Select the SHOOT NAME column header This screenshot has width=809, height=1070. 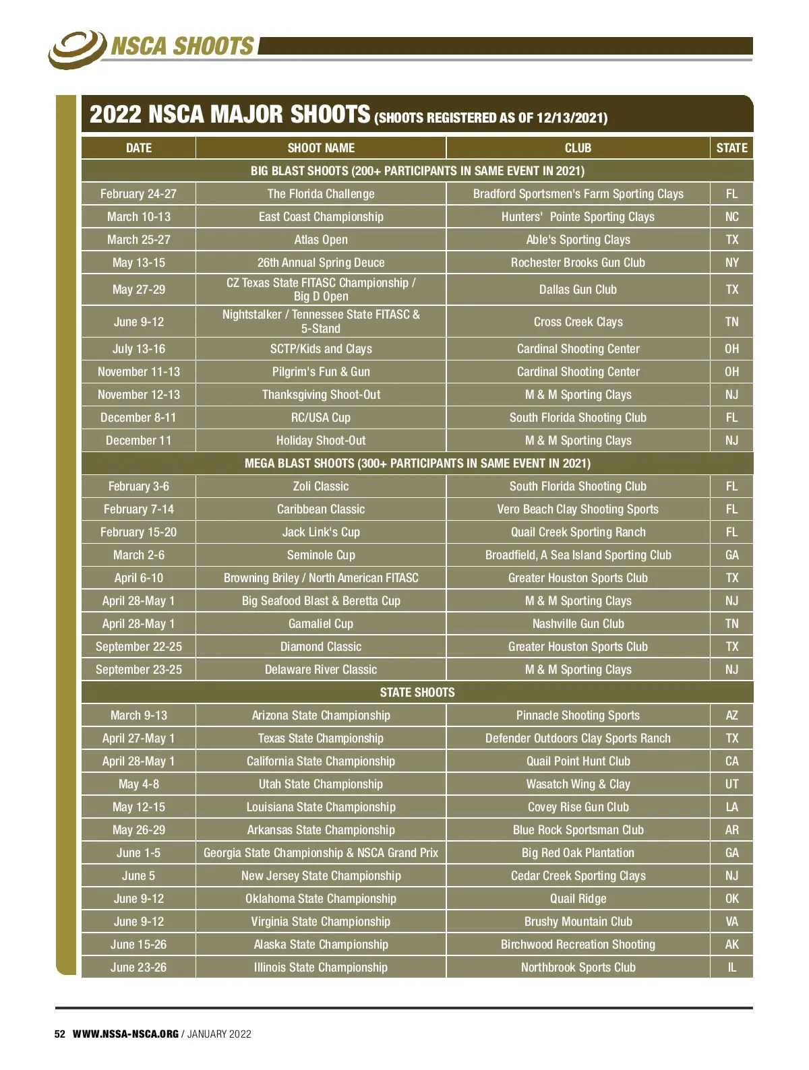pos(321,148)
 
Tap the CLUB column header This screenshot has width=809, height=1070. pos(578,148)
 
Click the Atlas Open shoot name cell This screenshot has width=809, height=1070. pos(321,240)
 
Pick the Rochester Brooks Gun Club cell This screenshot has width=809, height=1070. pos(578,263)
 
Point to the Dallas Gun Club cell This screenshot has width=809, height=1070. pos(578,290)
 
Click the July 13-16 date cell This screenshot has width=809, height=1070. pos(138,349)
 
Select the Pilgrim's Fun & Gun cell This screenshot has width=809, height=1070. pos(321,372)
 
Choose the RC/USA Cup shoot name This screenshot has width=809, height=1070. pos(321,418)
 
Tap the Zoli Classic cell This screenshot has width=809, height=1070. pos(321,486)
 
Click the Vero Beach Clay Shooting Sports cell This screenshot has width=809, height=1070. pos(578,509)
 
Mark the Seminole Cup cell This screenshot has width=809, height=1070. pos(321,555)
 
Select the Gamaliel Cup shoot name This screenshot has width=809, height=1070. pos(321,624)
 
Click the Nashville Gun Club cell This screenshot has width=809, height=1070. pos(578,624)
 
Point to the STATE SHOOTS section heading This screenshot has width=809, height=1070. pos(417,693)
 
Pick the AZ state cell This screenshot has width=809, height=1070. pos(731,716)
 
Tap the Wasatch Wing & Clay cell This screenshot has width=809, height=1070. pos(578,784)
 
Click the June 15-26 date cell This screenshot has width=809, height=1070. pos(138,945)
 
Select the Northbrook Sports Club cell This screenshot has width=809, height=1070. pos(578,968)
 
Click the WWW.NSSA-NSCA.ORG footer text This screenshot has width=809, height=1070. pos(125,1034)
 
